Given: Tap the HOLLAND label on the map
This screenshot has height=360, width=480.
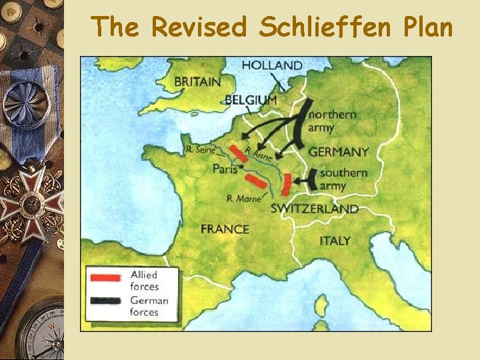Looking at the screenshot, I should point(271,65).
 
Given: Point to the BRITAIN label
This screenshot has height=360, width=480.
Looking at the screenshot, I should point(197,82).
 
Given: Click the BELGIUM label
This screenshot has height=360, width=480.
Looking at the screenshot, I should point(251,99).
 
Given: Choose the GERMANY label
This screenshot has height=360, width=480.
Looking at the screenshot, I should point(339,152).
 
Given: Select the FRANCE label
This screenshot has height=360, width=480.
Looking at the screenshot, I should point(225,229).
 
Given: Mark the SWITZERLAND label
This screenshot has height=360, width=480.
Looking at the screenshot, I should point(314,209).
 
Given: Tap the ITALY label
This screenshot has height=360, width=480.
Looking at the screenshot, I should point(335,241).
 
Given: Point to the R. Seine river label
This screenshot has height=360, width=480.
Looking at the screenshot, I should point(202,149).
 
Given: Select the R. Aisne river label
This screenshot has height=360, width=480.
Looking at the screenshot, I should point(259,155).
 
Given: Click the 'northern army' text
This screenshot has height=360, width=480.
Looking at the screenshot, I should point(331,121).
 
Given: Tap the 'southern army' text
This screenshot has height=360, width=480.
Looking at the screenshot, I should point(343,179).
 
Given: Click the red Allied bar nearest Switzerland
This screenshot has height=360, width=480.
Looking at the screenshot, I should point(287,183).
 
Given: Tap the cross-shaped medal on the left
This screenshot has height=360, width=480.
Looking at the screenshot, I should point(30,203).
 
